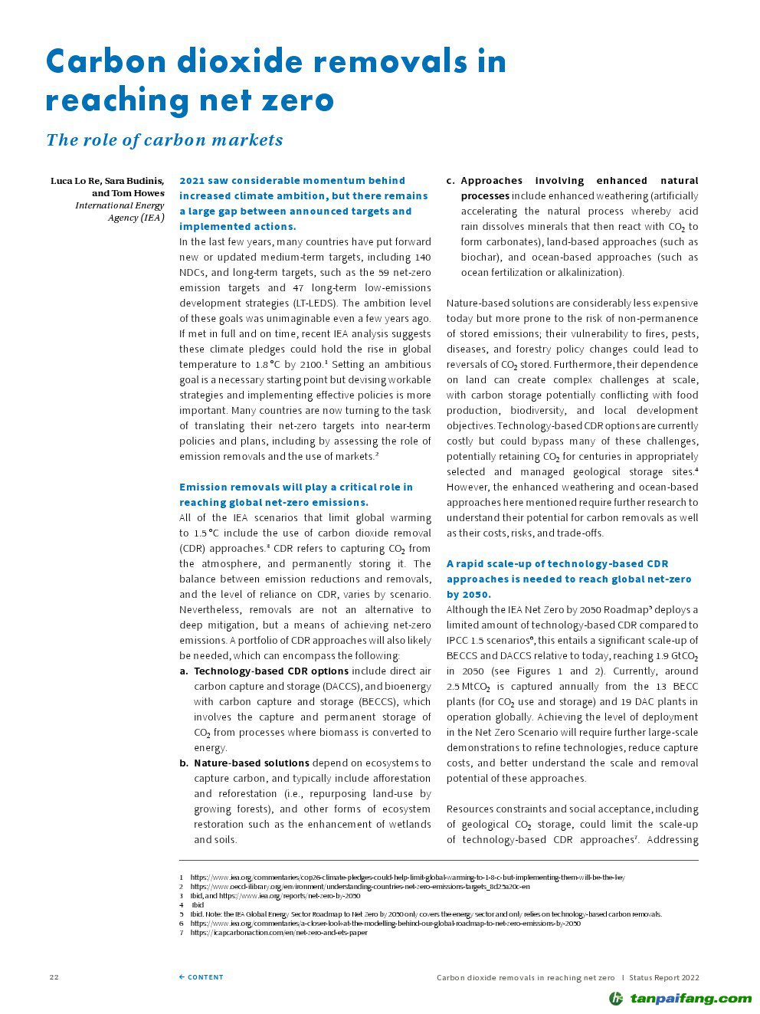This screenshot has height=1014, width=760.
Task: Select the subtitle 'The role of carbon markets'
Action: tap(165, 140)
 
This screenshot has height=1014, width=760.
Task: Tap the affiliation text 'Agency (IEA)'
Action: tap(136, 218)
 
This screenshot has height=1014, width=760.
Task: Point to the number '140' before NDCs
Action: tap(422, 258)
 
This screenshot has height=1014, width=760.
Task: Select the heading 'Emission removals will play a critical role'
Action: tap(296, 487)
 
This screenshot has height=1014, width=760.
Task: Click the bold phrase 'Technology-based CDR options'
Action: tap(271, 671)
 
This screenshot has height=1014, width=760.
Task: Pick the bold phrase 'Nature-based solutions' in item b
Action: tap(251, 763)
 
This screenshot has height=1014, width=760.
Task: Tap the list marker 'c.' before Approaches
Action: tap(450, 181)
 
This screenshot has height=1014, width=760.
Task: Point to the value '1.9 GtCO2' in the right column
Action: tap(676, 657)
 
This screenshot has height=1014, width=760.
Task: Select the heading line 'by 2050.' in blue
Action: tap(469, 595)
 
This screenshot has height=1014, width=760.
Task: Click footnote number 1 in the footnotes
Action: tap(182, 878)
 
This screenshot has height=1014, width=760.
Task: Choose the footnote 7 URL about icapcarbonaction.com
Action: tap(279, 933)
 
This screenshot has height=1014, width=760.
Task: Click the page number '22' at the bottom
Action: tap(54, 977)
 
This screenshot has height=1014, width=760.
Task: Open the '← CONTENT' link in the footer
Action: tap(201, 977)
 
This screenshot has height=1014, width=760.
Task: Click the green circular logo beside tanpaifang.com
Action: tap(616, 998)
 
